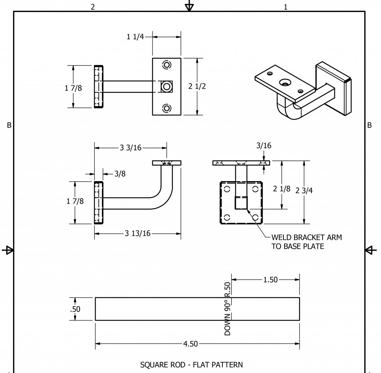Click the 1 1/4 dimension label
[135, 37]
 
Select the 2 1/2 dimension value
[197, 86]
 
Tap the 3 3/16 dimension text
[130, 148]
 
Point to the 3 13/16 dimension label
[137, 233]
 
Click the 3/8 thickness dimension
[119, 173]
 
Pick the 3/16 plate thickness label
[263, 145]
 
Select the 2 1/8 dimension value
[282, 189]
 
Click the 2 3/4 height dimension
[304, 190]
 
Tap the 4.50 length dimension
[190, 344]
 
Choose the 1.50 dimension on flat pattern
[270, 280]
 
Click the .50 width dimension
[75, 309]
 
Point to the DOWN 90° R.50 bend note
[228, 308]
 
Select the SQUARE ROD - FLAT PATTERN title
[191, 364]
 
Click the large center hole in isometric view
[285, 82]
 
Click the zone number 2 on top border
[93, 7]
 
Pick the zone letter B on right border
[369, 125]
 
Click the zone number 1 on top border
[285, 7]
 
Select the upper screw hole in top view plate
[167, 65]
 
